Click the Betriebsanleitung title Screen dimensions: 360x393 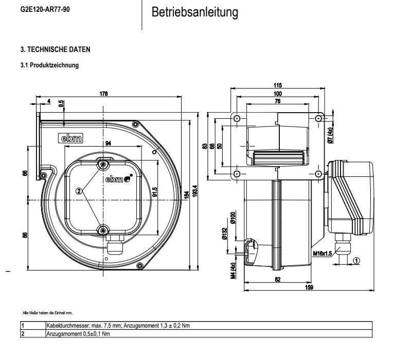(194, 12)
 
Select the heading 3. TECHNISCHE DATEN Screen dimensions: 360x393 (55, 50)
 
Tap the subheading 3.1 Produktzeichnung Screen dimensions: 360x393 (49, 65)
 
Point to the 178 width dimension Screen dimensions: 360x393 (103, 94)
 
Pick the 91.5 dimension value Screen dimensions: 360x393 (155, 192)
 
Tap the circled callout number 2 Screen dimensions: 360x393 (79, 191)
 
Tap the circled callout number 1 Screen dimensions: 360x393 (356, 260)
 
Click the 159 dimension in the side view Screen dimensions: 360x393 (308, 287)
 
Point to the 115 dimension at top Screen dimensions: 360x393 (278, 85)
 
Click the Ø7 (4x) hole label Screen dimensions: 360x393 (331, 134)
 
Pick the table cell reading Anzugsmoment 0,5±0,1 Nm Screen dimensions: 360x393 (78, 333)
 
